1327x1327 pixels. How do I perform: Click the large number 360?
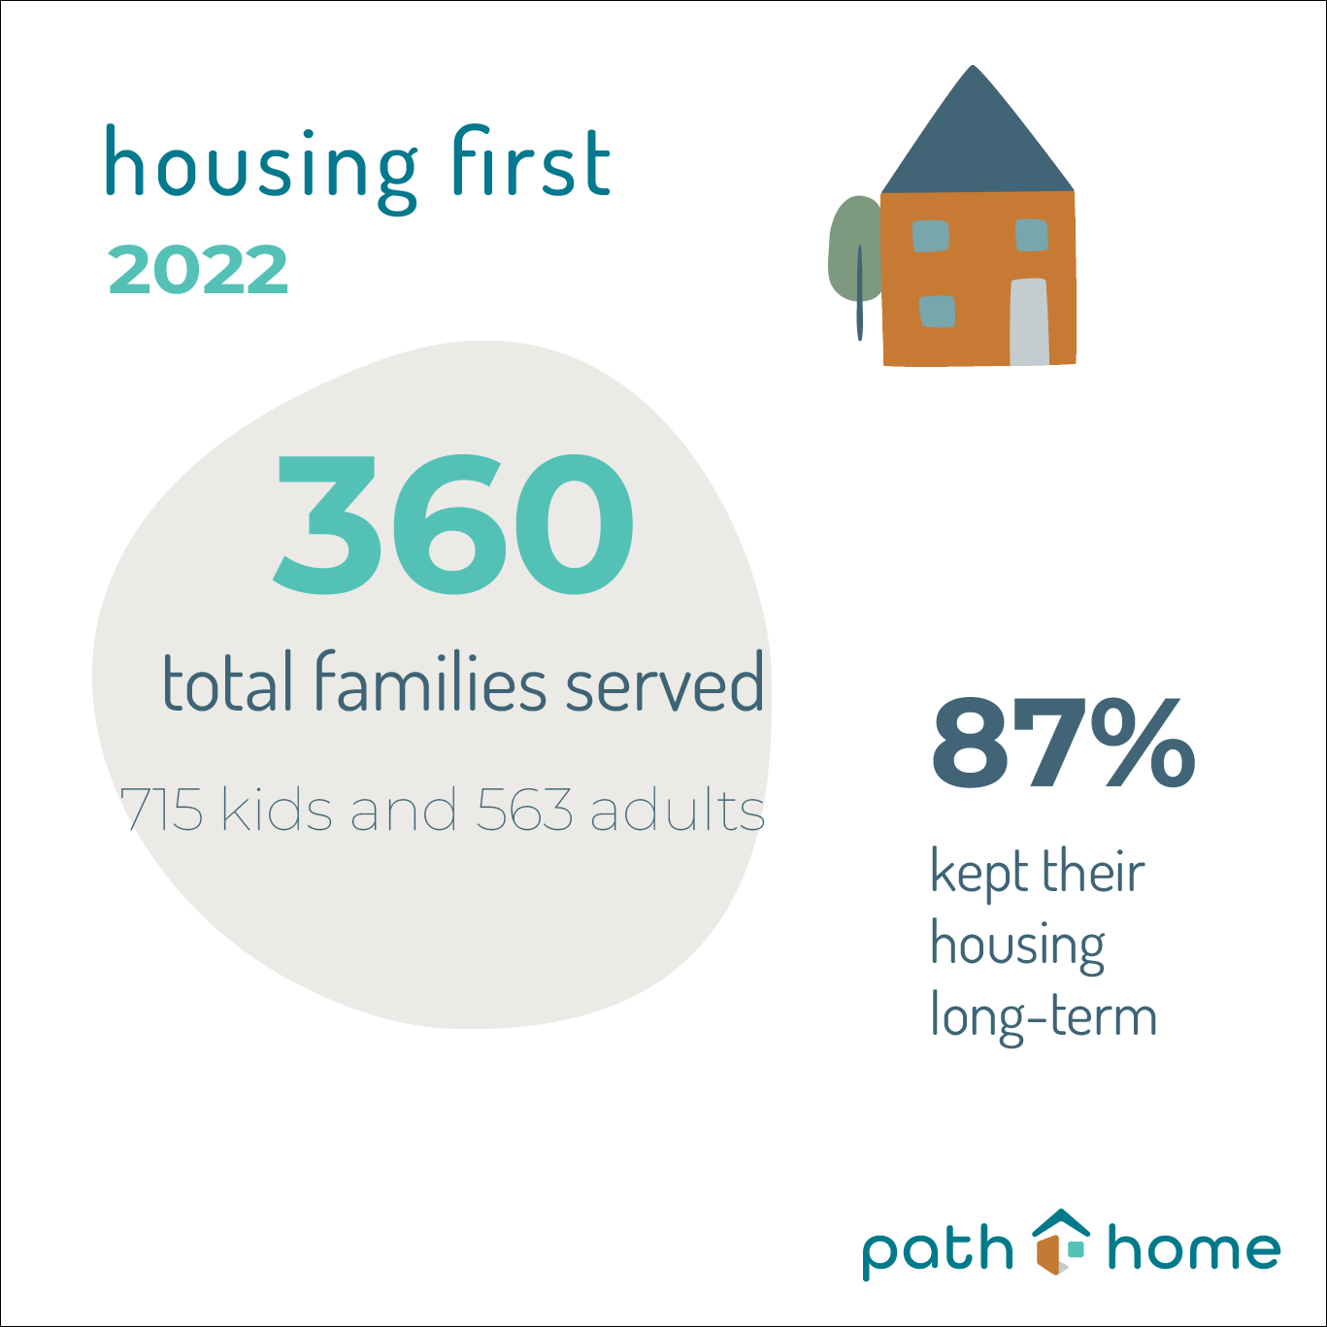(x=453, y=524)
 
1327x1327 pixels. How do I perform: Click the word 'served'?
(x=664, y=683)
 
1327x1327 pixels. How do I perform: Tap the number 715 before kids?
(x=162, y=810)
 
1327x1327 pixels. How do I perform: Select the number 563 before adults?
(x=524, y=810)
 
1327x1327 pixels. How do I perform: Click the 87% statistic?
(x=1063, y=744)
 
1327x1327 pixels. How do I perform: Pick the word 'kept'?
(x=975, y=872)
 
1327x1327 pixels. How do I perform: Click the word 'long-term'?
(x=1044, y=1016)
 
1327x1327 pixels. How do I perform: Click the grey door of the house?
(x=1029, y=322)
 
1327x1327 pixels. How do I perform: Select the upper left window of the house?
(x=930, y=236)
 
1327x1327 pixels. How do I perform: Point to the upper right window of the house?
(x=1031, y=234)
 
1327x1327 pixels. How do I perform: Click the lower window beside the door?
(x=937, y=311)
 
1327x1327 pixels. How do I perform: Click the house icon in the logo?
(x=1059, y=1242)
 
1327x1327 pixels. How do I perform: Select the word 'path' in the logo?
(x=937, y=1249)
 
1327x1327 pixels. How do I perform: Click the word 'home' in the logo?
(x=1194, y=1248)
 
